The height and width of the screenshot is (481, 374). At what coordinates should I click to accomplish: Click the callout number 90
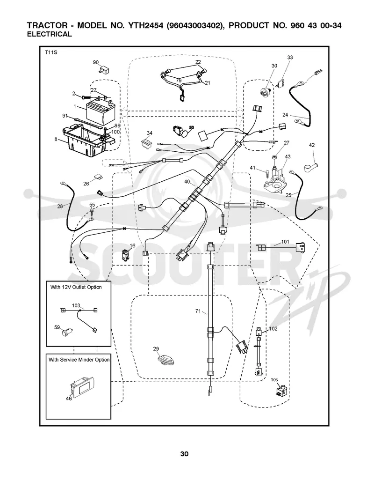click(96, 62)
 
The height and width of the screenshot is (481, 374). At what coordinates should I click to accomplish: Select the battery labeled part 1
click(100, 111)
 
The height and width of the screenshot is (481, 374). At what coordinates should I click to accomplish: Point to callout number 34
click(150, 133)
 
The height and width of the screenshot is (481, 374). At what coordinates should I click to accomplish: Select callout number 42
click(311, 145)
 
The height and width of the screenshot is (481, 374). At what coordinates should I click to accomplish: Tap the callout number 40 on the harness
click(187, 182)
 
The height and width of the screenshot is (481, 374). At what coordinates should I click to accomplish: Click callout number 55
click(92, 205)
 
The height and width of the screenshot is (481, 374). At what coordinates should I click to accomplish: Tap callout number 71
click(198, 311)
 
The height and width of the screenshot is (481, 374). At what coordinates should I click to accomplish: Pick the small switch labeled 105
click(281, 391)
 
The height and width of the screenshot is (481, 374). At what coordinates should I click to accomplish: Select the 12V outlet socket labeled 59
click(67, 333)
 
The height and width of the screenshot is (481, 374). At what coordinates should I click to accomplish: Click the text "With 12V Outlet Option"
click(76, 287)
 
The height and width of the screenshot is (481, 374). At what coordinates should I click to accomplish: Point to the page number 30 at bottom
click(184, 454)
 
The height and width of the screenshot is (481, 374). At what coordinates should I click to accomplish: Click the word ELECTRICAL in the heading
click(49, 34)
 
